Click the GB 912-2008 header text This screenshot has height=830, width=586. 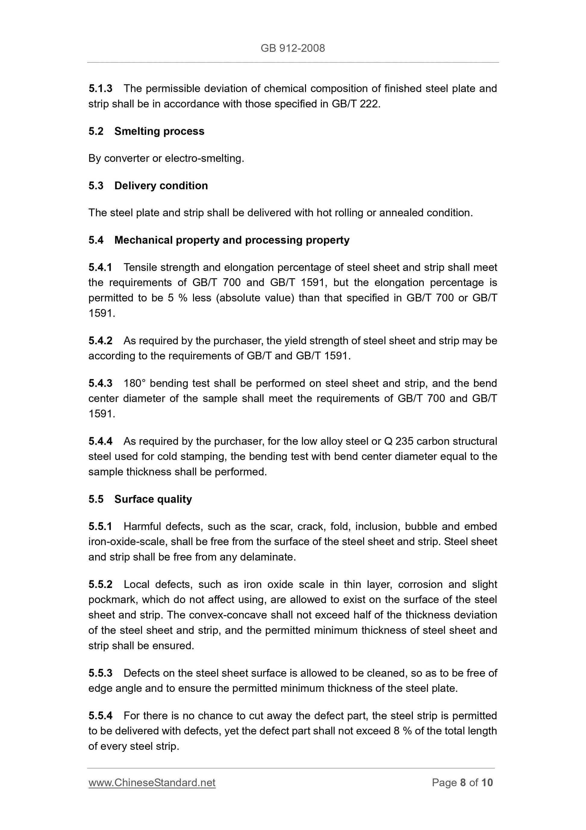[292, 48]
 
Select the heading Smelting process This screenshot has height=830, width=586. [159, 131]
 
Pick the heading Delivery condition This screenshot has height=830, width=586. [161, 185]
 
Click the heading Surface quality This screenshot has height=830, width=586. [153, 499]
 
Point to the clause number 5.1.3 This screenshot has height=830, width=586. [100, 88]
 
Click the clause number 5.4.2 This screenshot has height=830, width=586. [100, 340]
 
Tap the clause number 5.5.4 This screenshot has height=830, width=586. [100, 715]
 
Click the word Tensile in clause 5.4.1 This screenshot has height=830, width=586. [140, 267]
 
